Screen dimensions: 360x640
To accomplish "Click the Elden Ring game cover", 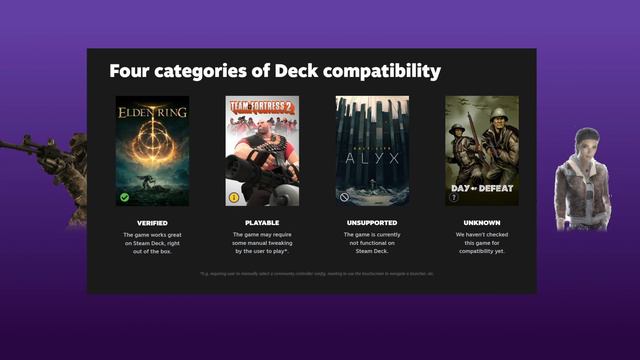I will coord(152,150).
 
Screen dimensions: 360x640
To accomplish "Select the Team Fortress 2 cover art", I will coord(262,150).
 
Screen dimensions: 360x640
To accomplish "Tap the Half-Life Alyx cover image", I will coord(372,150).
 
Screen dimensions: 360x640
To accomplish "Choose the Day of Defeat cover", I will coord(482,150).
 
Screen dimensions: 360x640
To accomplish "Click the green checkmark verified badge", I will coord(124,197).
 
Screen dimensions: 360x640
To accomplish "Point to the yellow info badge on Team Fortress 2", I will coord(234,197).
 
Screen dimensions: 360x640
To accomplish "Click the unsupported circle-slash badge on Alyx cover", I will coord(344,197).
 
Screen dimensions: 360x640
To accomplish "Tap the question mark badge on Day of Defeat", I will coord(453,197).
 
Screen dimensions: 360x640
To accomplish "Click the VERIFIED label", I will coord(152,222).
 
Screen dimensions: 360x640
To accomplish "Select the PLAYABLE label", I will coord(262,222).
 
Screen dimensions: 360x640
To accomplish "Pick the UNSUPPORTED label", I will coord(372,222).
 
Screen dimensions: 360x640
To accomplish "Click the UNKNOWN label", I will coord(482,222).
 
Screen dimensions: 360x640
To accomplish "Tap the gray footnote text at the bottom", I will coord(317,273).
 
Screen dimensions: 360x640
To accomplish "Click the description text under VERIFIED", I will coord(152,244).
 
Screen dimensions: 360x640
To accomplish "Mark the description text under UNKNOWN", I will coord(482,244).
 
